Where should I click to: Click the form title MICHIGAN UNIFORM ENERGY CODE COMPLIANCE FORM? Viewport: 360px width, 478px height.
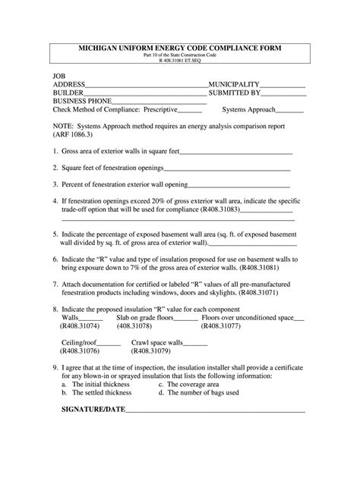coord(179,47)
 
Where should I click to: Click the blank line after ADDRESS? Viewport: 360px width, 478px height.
coord(147,85)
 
